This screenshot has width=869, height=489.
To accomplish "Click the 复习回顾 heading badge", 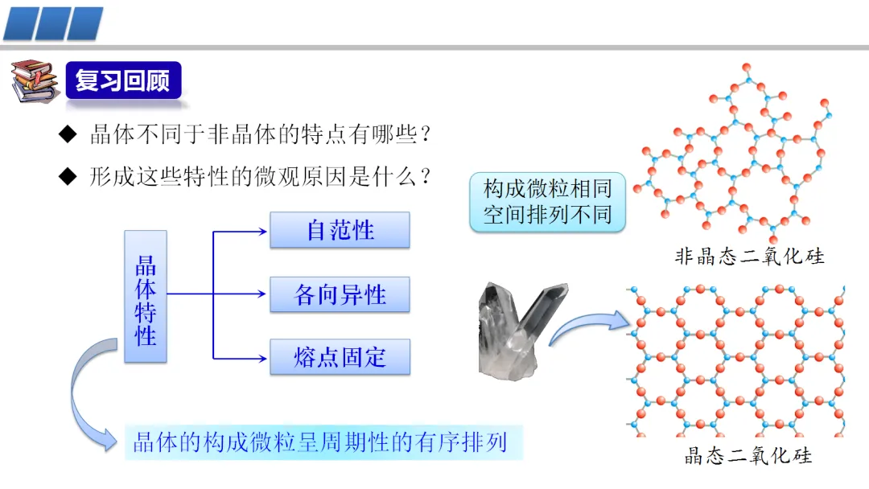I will pos(123,81).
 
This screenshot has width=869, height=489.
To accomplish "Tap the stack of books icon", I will pos(34,82).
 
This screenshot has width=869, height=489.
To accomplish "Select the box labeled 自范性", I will pos(340,231).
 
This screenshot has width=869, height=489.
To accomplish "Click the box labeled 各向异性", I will pos(340,294).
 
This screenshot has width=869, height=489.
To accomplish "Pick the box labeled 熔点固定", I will pos(340,357).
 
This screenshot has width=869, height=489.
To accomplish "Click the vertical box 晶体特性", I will pos(146,296).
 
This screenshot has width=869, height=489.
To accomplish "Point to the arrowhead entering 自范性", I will pos(261,232).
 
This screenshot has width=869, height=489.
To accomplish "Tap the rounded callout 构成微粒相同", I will pos(547,202).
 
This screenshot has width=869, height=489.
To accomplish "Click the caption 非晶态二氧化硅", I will pos(749,257).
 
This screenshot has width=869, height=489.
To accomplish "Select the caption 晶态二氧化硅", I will pos(748,456).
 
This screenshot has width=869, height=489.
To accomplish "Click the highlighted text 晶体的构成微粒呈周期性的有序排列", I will pos(321,442).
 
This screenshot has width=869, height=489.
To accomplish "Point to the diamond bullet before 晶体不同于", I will pos(68,134).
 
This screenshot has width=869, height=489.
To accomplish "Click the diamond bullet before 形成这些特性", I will pos(68,176).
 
